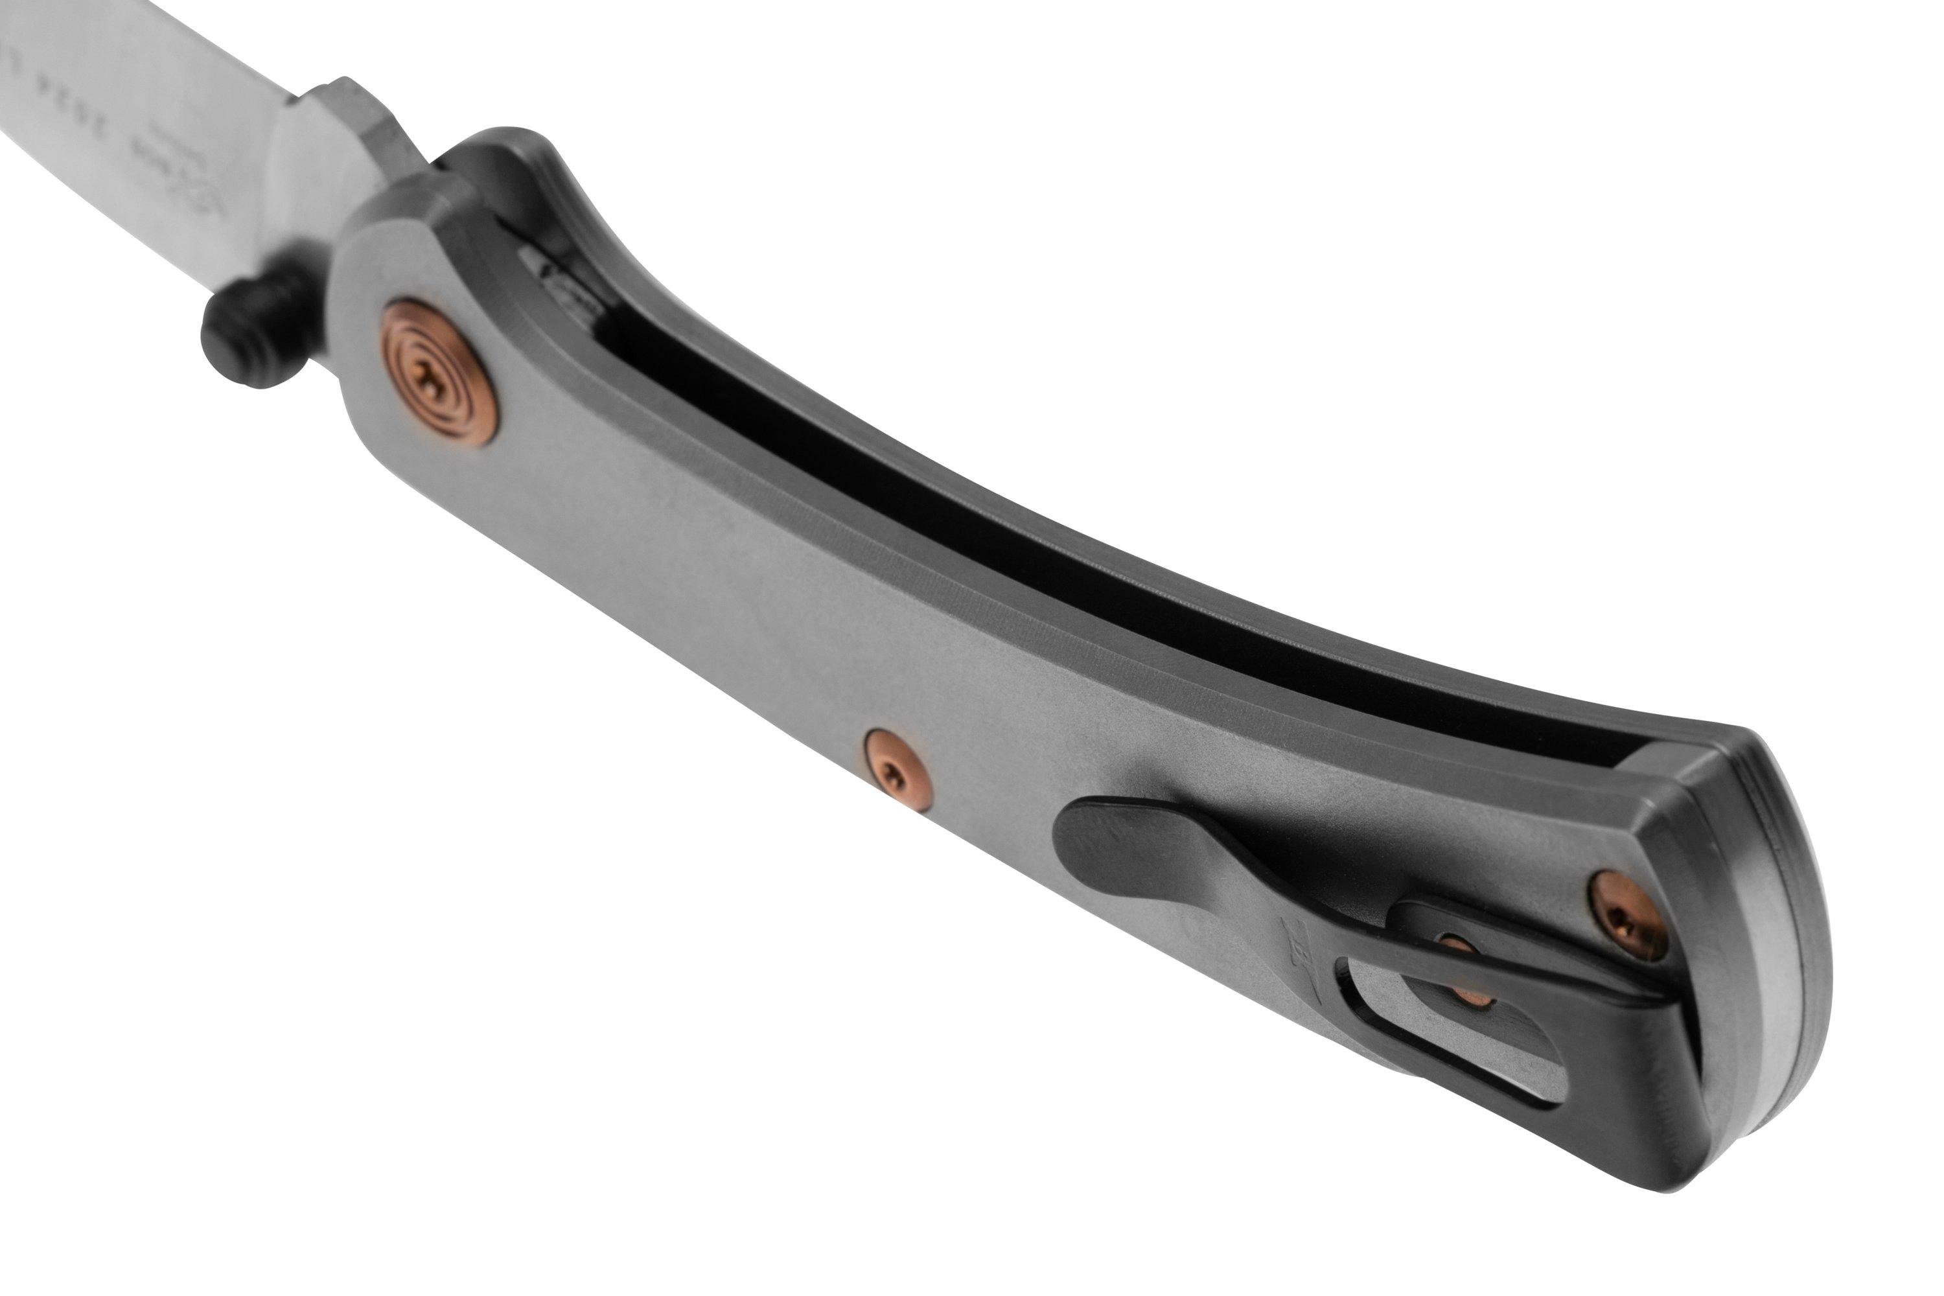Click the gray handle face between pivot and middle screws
click(x=661, y=546)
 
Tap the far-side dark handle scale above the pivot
click(x=521, y=182)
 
